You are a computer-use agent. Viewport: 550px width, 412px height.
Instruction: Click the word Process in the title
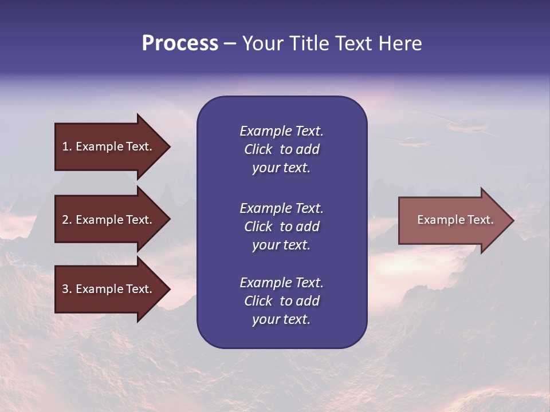(x=180, y=43)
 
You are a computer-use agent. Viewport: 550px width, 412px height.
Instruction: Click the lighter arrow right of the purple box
(x=453, y=220)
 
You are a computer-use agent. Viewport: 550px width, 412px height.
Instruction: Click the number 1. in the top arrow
(x=67, y=146)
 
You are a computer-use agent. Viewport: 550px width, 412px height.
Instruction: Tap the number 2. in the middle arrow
(x=67, y=220)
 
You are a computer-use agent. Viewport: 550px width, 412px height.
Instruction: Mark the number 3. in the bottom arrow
(x=67, y=289)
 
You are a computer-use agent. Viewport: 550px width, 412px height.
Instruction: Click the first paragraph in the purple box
(x=281, y=149)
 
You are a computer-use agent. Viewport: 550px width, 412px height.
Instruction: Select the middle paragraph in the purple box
(x=281, y=227)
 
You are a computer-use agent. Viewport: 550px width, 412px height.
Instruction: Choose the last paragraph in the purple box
(x=281, y=301)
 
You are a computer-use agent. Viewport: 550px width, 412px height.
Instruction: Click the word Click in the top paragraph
(x=258, y=149)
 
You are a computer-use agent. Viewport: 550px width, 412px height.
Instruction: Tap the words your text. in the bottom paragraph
(x=281, y=319)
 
